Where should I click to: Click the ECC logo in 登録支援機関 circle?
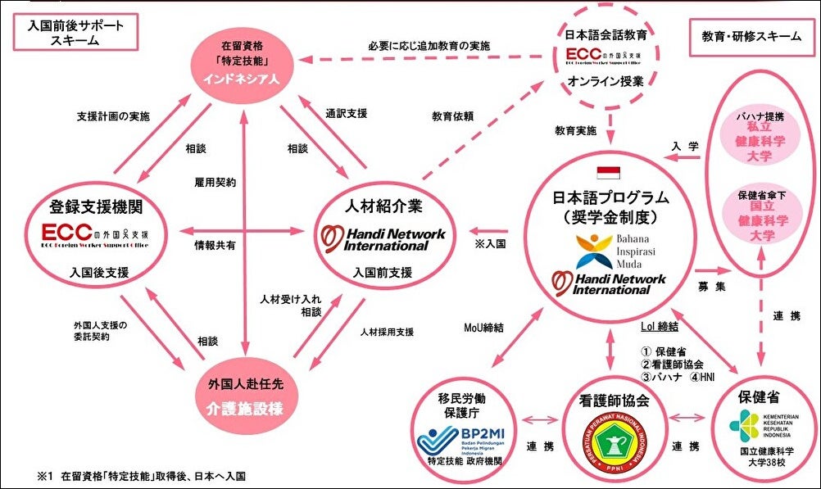pos(90,231)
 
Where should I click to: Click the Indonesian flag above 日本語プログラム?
pos(608,172)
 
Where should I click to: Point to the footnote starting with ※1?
pos(140,475)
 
